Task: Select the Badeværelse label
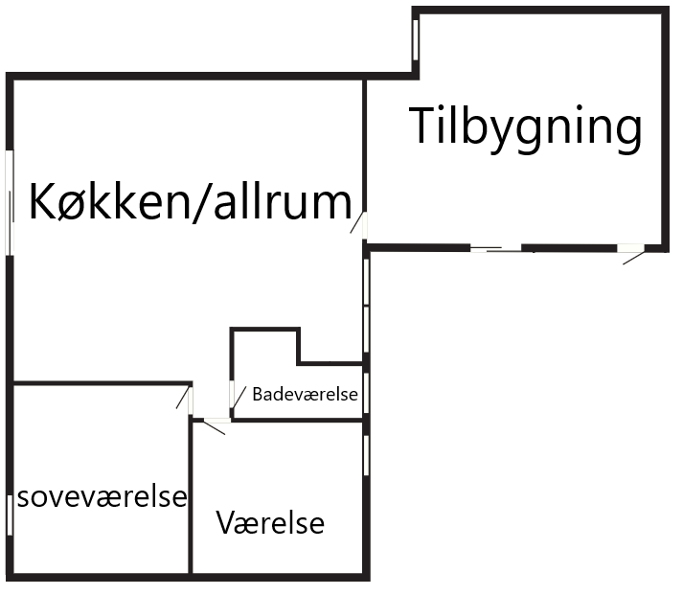coord(305,394)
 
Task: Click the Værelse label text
coord(270,524)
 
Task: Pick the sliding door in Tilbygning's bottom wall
coord(502,249)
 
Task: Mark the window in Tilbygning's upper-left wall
coord(416,38)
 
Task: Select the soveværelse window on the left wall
coord(9,512)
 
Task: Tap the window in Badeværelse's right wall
coord(366,391)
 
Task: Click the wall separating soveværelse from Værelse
coord(191,498)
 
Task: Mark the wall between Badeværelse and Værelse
coord(297,420)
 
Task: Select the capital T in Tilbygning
coord(421,126)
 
